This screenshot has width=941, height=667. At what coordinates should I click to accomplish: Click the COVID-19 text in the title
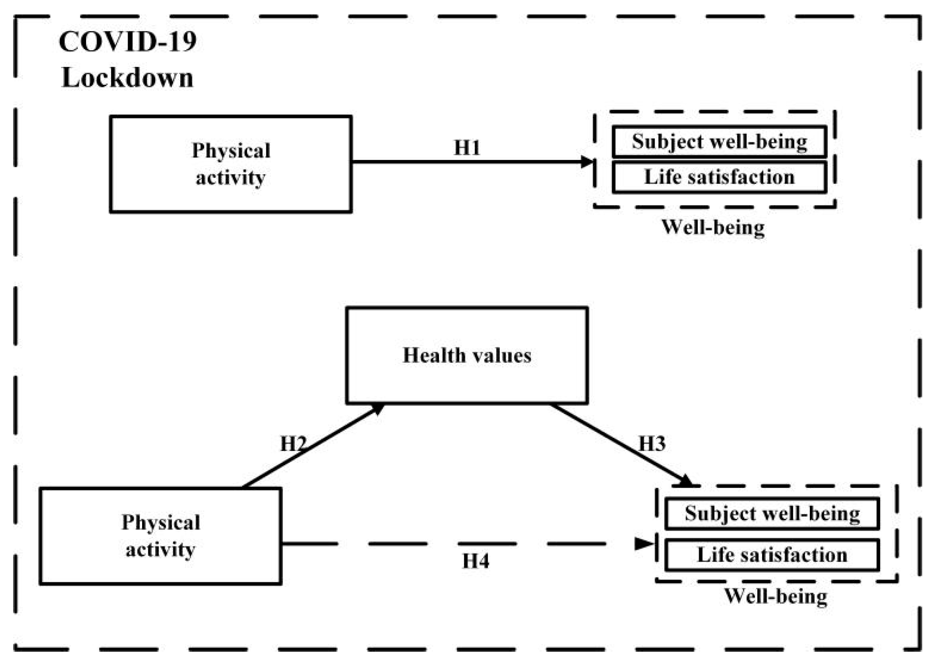[x=127, y=42]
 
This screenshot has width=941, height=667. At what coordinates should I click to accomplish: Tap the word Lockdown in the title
[x=127, y=78]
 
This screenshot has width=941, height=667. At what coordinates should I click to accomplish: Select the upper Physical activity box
[x=230, y=164]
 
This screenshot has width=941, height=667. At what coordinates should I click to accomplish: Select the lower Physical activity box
[x=160, y=536]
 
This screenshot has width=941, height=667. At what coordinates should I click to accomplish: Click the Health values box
[x=467, y=355]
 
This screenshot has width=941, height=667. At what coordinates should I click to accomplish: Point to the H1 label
[x=467, y=148]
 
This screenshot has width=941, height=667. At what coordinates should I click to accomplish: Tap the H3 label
[x=652, y=444]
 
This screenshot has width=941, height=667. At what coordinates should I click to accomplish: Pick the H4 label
[x=476, y=561]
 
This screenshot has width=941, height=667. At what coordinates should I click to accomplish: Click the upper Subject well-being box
[x=719, y=142]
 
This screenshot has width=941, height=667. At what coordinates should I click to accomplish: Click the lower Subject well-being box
[x=772, y=513]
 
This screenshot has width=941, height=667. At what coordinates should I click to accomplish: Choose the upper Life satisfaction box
[x=719, y=177]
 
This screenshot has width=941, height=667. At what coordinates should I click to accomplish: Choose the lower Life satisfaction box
[x=772, y=555]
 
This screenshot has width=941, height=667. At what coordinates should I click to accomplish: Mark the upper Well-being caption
[x=713, y=227]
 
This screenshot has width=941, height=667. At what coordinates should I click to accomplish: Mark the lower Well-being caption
[x=776, y=596]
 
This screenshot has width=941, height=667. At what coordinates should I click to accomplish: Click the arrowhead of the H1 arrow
[x=587, y=162]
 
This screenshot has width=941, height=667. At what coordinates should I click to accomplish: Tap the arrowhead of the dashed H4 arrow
[x=644, y=544]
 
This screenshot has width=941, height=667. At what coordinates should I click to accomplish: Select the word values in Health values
[x=502, y=355]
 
